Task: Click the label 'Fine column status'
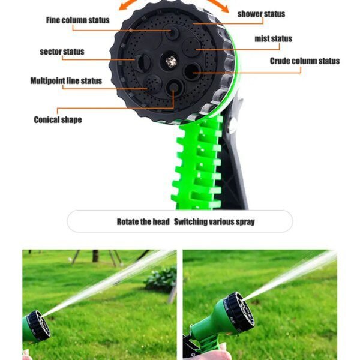point(77,20)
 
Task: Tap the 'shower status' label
point(261,14)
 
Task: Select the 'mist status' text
point(274,39)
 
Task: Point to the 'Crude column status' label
point(304,61)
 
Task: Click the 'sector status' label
point(62,52)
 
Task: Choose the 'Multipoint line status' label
point(66,81)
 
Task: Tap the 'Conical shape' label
point(58,119)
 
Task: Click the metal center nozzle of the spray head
point(171,61)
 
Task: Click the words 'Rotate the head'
point(143,222)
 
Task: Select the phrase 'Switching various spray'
point(214,222)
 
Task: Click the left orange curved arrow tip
point(121,8)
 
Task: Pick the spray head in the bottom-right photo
point(238,311)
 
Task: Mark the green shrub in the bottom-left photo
point(160,278)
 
